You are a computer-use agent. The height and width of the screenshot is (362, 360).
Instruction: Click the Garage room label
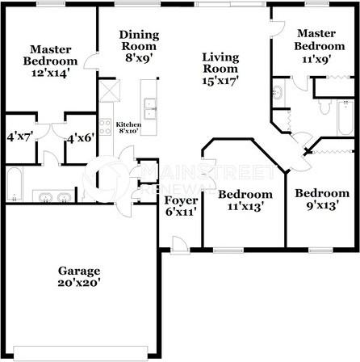pos(78,271)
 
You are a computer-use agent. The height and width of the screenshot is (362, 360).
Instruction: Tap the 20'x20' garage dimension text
pos(78,284)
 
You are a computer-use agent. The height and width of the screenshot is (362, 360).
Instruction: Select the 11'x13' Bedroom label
pos(245,194)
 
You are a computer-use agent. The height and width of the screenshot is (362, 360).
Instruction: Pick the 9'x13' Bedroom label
pos(321,193)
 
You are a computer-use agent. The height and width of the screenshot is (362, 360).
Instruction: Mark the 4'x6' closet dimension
pos(81,137)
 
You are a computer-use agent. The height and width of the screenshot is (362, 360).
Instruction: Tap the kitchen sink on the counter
pos(150,106)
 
